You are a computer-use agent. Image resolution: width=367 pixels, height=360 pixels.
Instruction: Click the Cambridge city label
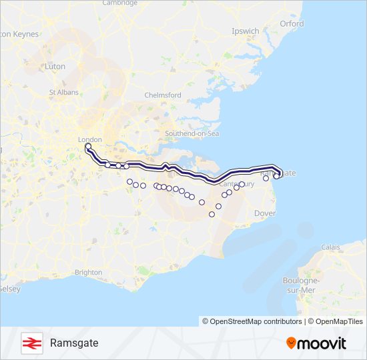point(120,3)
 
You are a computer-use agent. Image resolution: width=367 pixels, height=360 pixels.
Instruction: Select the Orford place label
point(292,23)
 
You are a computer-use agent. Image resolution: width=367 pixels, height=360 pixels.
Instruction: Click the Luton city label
point(54,67)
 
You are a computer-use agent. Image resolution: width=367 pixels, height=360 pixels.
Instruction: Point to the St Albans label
point(63,92)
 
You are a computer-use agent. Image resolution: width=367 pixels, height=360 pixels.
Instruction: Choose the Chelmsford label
point(163,95)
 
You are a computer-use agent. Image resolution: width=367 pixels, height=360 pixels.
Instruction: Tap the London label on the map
point(89,140)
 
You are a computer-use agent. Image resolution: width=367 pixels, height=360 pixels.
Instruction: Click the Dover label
point(265,213)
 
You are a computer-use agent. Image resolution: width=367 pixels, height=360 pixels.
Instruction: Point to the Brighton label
point(89,272)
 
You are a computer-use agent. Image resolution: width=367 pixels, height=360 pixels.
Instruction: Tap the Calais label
point(330,247)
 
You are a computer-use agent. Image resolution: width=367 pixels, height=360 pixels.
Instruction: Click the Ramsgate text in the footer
point(74,343)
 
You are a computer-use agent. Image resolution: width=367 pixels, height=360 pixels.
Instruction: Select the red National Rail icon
point(31,343)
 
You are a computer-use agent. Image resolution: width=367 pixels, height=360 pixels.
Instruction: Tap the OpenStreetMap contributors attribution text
point(252,321)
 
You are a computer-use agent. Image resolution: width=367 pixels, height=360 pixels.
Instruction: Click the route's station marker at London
point(88,145)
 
